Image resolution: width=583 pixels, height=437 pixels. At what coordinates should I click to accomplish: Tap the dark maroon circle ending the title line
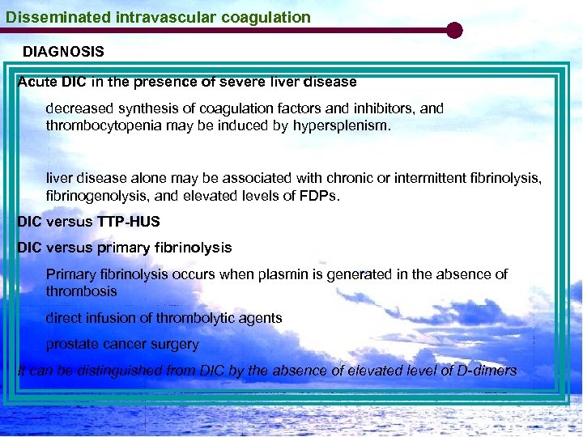point(454,31)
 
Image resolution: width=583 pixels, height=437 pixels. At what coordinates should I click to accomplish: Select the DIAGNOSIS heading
point(63,52)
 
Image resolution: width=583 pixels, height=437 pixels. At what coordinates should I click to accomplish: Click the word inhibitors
point(381,108)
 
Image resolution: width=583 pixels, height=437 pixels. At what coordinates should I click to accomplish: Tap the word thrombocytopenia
point(104,126)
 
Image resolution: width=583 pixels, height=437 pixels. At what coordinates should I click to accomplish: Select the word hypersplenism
point(341,126)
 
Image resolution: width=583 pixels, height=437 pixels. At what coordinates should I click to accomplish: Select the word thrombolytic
point(202,318)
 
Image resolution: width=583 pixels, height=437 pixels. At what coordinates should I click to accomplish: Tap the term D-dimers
point(486,371)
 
